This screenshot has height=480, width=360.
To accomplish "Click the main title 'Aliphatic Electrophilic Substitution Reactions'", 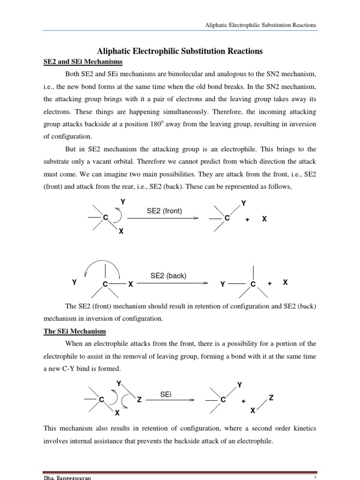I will pyautogui.click(x=180, y=51).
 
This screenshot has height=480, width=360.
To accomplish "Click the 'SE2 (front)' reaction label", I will pyautogui.click(x=164, y=211).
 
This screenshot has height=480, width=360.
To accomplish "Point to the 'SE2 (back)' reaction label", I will pyautogui.click(x=168, y=276).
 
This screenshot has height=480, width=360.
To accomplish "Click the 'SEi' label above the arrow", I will pyautogui.click(x=166, y=395).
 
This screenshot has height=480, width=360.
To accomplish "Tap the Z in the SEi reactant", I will pyautogui.click(x=139, y=399).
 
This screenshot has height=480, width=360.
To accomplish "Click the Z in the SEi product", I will pyautogui.click(x=270, y=398).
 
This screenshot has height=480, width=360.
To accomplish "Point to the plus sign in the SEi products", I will pyautogui.click(x=243, y=402).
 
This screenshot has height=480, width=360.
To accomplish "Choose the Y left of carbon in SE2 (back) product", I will pyautogui.click(x=223, y=285).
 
